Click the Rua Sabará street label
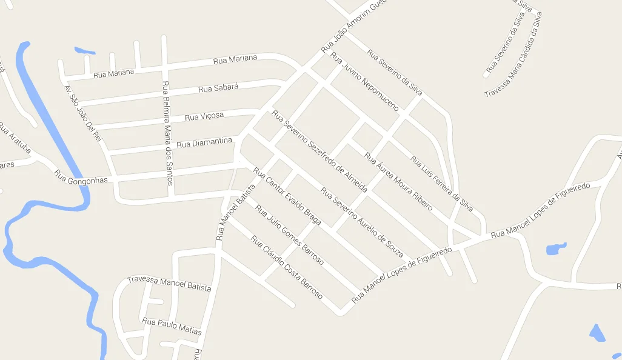pyautogui.click(x=218, y=88)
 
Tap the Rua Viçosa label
pyautogui.click(x=204, y=116)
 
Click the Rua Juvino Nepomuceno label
pyautogui.click(x=364, y=82)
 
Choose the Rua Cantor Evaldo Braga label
pyautogui.click(x=287, y=196)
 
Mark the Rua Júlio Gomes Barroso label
pyautogui.click(x=289, y=235)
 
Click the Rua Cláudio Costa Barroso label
pyautogui.click(x=286, y=267)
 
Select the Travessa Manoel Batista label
pyautogui.click(x=169, y=284)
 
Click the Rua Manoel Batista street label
pyautogui.click(x=232, y=212)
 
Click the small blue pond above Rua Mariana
pyautogui.click(x=84, y=50)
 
